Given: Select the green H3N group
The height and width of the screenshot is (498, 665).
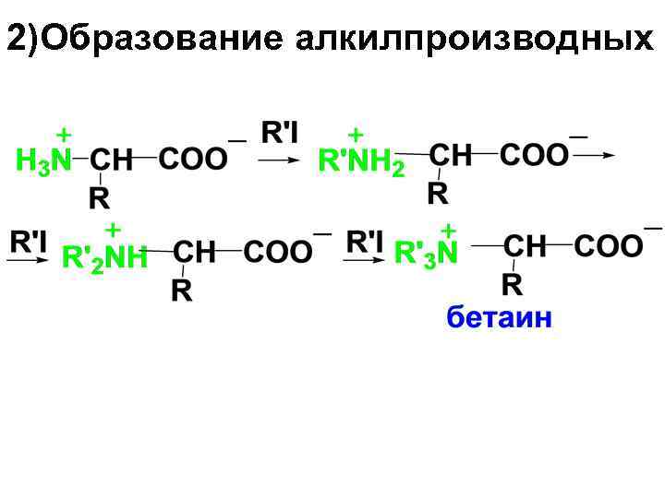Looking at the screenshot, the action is point(43,160).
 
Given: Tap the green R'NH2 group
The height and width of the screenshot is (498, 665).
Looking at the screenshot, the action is point(361,163).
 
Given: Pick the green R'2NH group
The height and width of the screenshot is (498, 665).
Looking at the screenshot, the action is point(104,258).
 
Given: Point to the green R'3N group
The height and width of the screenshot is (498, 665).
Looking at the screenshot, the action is point(426,253).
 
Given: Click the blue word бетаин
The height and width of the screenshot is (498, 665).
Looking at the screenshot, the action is point(500,318).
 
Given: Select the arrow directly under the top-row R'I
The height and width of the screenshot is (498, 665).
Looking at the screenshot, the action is point(278,160).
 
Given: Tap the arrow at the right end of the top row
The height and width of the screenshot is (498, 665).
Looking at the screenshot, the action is point(595,156).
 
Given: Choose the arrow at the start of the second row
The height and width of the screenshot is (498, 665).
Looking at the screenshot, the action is point(28,262).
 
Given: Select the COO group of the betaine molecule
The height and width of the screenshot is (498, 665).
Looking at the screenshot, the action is point(608,246).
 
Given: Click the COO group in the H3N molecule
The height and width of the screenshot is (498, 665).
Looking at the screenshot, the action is point(192,159).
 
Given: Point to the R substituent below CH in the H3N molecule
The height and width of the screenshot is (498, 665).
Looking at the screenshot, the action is point(100,196).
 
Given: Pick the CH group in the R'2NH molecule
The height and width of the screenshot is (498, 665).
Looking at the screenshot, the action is point(195,252).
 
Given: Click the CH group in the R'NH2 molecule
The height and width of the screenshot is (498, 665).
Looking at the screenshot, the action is point(452,155).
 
